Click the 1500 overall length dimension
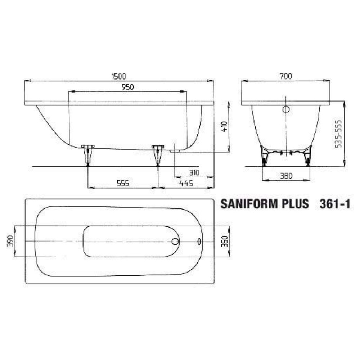pyautogui.click(x=119, y=76)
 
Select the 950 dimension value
pyautogui.click(x=128, y=87)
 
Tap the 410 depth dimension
pyautogui.click(x=225, y=126)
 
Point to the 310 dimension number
pyautogui.click(x=194, y=172)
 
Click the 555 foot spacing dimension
pyautogui.click(x=123, y=183)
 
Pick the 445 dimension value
pyautogui.click(x=186, y=183)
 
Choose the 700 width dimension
pyautogui.click(x=286, y=76)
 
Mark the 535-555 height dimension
pyautogui.click(x=338, y=134)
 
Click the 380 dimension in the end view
pyautogui.click(x=286, y=176)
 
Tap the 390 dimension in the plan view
pyautogui.click(x=10, y=241)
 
